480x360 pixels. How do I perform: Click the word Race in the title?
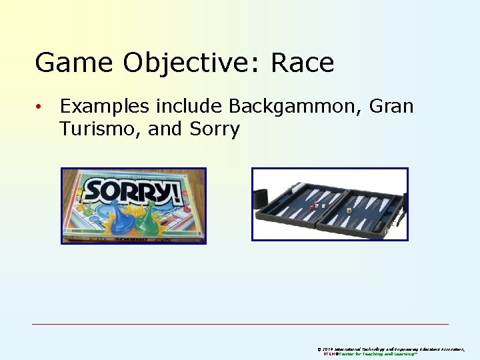(x=302, y=63)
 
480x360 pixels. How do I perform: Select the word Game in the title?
(x=73, y=63)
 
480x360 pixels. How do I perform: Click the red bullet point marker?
(x=40, y=107)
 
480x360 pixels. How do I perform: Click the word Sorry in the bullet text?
(x=214, y=129)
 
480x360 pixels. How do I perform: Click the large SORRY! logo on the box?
(x=133, y=192)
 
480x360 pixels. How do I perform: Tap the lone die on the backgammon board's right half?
(x=347, y=209)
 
